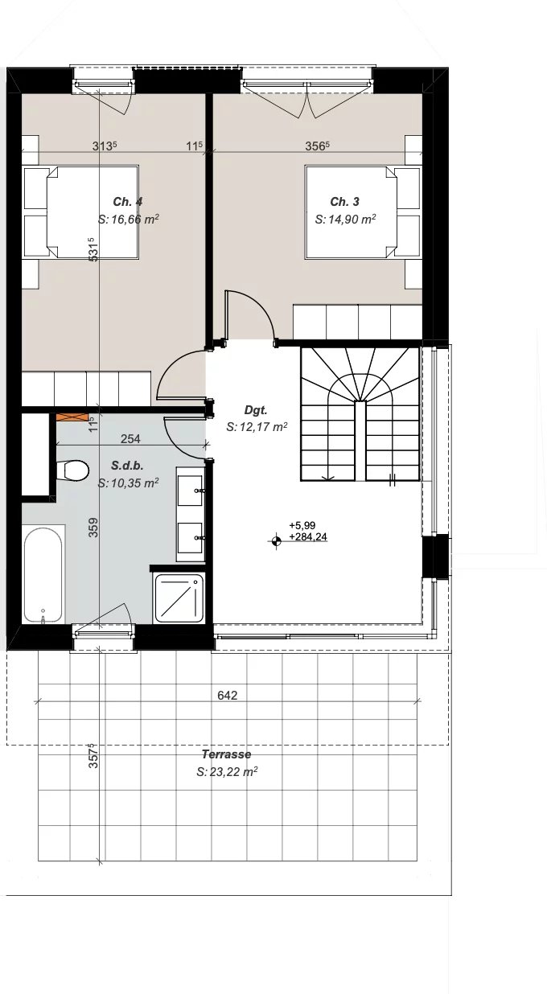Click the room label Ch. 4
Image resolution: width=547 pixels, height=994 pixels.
(x=128, y=202)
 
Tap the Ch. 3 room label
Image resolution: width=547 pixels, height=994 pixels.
(x=344, y=202)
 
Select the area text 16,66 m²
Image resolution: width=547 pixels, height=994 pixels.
(x=135, y=220)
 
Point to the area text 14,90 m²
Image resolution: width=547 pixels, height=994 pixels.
(x=352, y=220)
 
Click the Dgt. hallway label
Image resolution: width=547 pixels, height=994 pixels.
(x=256, y=410)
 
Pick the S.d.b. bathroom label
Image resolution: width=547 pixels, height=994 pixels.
(x=127, y=466)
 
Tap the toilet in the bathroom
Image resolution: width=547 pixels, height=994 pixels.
(x=73, y=470)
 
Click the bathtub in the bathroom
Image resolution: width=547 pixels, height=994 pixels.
(x=43, y=575)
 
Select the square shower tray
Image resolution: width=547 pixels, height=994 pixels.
(x=179, y=598)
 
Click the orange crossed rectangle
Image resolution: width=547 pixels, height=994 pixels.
(x=72, y=418)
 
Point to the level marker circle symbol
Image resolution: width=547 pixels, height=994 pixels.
(x=276, y=540)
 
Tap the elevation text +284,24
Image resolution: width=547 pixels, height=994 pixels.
(x=308, y=537)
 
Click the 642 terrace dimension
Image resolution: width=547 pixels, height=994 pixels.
(x=228, y=696)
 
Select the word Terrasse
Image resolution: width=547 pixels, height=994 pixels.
(x=226, y=754)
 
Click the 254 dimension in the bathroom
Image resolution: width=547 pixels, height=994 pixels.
(x=130, y=439)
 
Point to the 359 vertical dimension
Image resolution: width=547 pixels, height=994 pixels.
(x=93, y=528)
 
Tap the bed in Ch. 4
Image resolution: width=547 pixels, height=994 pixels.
(x=81, y=212)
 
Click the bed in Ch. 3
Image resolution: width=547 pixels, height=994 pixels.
(x=363, y=212)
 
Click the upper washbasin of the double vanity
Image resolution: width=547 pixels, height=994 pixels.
(x=191, y=491)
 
